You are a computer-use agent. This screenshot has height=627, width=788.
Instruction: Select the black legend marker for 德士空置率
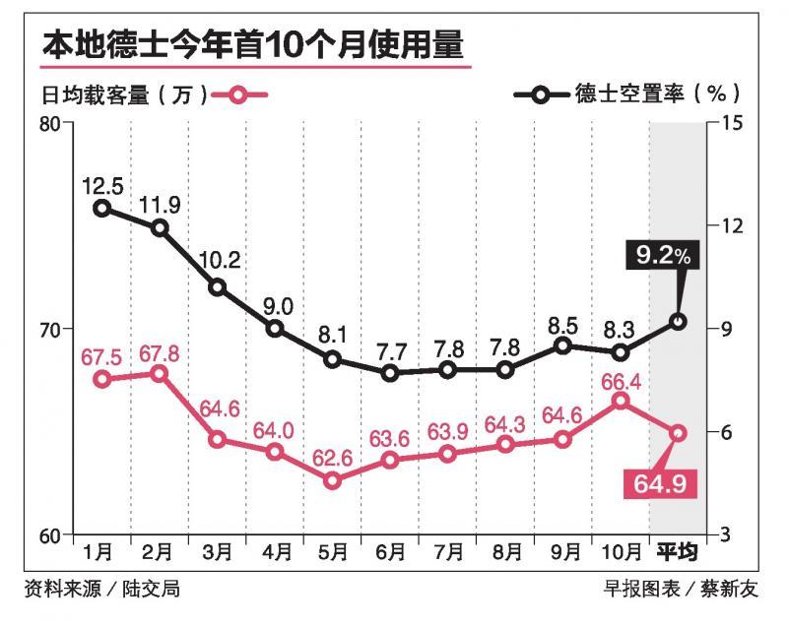pos(541,95)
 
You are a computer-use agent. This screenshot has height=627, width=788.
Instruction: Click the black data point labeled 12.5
pos(101,208)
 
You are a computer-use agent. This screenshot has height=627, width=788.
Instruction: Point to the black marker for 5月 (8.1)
pos(333,359)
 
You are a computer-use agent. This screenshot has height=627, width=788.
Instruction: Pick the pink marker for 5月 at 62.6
pos(333,480)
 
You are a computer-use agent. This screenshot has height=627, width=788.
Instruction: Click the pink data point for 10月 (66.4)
pos(620,401)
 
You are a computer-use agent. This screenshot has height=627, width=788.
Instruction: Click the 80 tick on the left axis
pos(48,123)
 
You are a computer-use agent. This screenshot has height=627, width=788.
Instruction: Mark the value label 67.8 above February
pos(159,353)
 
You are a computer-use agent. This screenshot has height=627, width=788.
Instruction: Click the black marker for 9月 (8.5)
pos(562,345)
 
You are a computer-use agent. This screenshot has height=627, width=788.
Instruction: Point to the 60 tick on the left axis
pos(48,535)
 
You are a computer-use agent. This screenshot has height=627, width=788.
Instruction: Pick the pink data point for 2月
pos(159,373)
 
